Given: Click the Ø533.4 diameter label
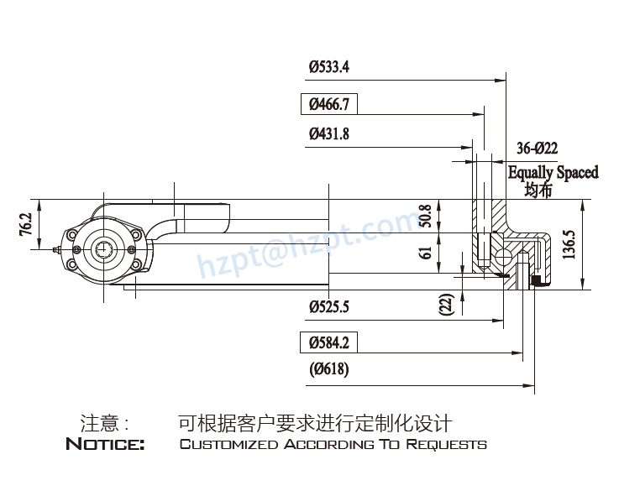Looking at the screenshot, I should tap(328, 66).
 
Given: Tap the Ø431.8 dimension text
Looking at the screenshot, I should tap(328, 133).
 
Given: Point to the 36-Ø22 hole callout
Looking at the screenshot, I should tap(537, 149).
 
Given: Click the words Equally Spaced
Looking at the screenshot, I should tap(553, 172).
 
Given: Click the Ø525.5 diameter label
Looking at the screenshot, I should tap(328, 306).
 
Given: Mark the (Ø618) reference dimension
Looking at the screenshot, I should tap(328, 368).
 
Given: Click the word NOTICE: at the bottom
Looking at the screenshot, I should tap(105, 444).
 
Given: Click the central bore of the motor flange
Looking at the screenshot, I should tap(104, 249).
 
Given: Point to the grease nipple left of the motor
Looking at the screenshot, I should tap(55, 249).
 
